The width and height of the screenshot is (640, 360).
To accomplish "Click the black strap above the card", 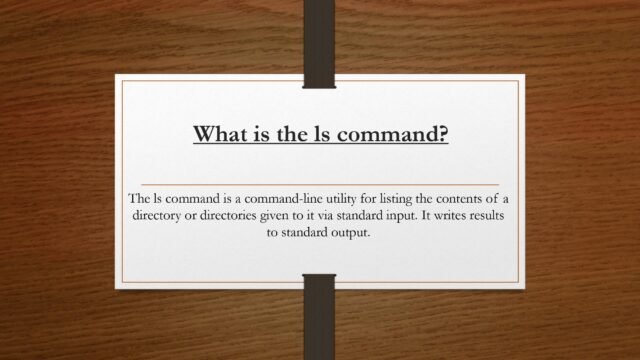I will click(319, 35).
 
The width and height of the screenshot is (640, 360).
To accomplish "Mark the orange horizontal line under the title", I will click(319, 185).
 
